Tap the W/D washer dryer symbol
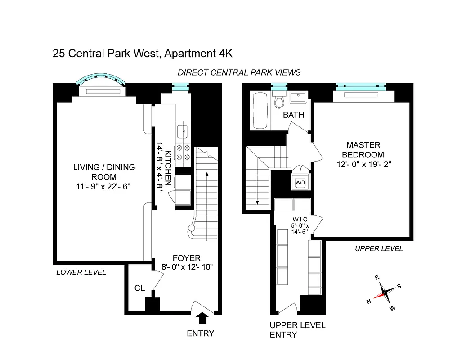click(x=300, y=183)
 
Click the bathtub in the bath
click(x=260, y=111)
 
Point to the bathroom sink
click(x=297, y=97)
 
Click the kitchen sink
click(x=183, y=132)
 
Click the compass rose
click(x=385, y=293)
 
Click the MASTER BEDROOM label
click(x=363, y=150)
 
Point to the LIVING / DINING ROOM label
click(x=104, y=172)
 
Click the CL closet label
click(x=140, y=288)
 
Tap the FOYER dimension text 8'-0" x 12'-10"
click(x=187, y=267)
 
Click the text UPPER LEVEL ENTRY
click(x=297, y=330)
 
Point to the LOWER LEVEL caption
click(x=81, y=272)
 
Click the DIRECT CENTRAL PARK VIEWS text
click(x=239, y=72)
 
